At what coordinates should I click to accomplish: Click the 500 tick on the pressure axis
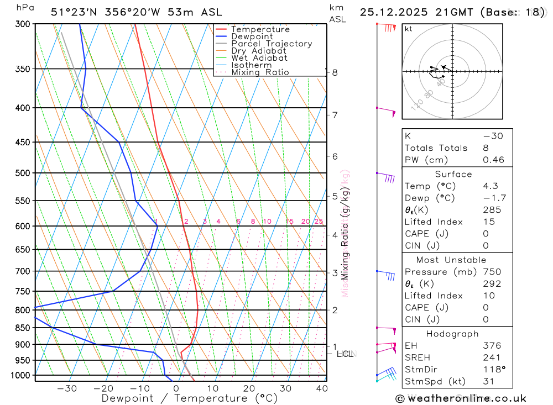click(23, 173)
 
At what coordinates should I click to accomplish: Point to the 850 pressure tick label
click(23, 328)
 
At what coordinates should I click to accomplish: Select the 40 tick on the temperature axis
click(321, 388)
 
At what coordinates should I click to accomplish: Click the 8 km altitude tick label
click(335, 72)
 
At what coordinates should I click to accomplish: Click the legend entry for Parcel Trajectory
click(272, 44)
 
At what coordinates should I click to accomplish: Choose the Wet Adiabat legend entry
click(259, 58)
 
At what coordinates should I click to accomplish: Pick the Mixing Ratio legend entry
click(260, 72)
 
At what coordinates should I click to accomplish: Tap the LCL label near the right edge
click(346, 353)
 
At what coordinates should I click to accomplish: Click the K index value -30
click(493, 136)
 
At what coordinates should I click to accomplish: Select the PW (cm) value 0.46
click(493, 160)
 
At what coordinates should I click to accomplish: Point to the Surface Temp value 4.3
click(490, 186)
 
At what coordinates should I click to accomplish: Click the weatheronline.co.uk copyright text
click(461, 398)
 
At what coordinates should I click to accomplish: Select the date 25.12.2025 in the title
click(393, 12)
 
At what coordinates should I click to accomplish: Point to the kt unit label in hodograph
click(409, 29)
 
